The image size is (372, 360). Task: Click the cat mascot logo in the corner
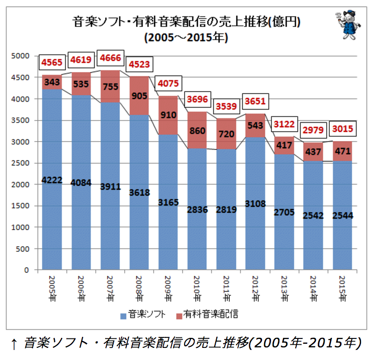point(348,25)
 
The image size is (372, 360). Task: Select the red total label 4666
point(110,58)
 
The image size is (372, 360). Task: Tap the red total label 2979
point(313,130)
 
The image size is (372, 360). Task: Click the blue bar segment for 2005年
point(52,179)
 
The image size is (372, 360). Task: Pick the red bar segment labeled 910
point(168,115)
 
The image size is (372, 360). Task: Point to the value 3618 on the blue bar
point(139,193)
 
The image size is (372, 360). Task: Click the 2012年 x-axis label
point(255,288)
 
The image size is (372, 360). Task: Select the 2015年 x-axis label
point(343,288)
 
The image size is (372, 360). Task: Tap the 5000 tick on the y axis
point(21,56)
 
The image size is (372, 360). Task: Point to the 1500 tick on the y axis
point(21,206)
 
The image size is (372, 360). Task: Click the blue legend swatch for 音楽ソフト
point(123,316)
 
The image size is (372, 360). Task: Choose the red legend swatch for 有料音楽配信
point(179,316)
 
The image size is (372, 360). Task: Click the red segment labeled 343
point(52,82)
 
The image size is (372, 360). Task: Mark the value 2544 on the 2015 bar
point(343,215)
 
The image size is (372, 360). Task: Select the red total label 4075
point(168,83)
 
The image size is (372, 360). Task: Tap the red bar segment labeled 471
point(343,152)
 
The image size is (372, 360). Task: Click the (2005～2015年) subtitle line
point(186,37)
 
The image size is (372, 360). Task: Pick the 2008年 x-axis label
point(139,288)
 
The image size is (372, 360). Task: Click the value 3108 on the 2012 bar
point(255,204)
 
